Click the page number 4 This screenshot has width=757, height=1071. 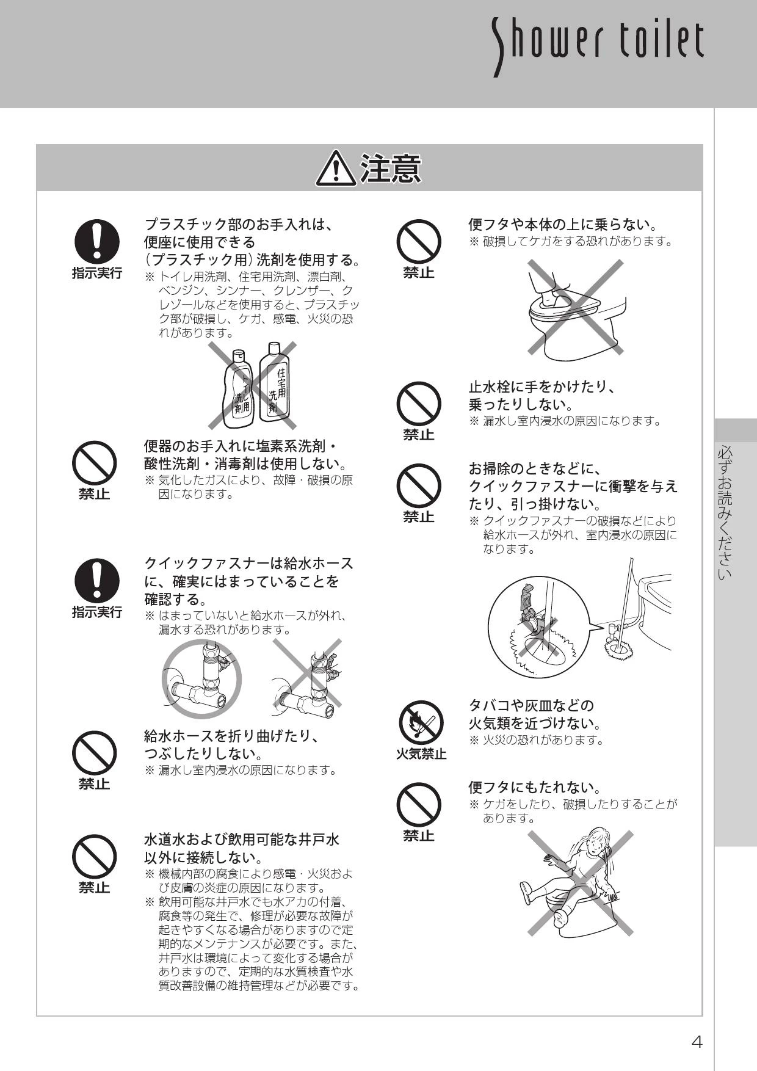pyautogui.click(x=697, y=1042)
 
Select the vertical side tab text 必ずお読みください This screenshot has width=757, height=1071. pyautogui.click(x=725, y=513)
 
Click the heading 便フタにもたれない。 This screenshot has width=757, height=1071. pyautogui.click(x=535, y=788)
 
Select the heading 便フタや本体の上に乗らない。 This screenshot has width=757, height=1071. pyautogui.click(x=562, y=225)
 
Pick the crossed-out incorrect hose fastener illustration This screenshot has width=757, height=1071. pyautogui.click(x=306, y=678)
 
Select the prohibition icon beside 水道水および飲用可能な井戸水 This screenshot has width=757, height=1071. pyautogui.click(x=95, y=856)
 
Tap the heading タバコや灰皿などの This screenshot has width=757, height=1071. pyautogui.click(x=531, y=706)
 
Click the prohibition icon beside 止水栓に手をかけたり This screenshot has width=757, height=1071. pyautogui.click(x=419, y=404)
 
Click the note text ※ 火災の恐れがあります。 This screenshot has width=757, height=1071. pyautogui.click(x=536, y=741)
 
